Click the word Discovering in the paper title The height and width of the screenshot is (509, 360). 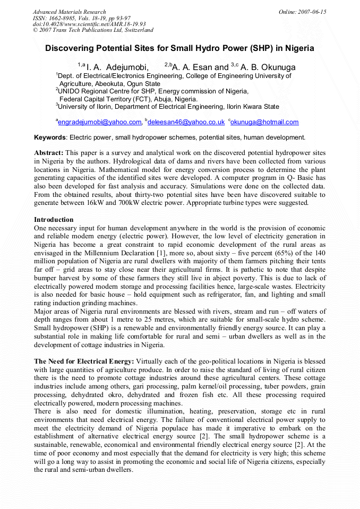point(68,48)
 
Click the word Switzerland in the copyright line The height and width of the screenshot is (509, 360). point(139,30)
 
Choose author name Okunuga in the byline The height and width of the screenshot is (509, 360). point(276,67)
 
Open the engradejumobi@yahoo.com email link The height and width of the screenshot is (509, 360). point(99,122)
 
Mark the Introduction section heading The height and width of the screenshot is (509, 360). point(54,220)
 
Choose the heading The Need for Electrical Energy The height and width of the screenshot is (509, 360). point(84,361)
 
